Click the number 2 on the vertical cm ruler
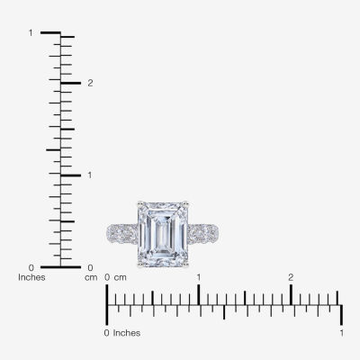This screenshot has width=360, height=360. (90, 83)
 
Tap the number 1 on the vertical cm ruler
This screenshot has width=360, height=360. (90, 175)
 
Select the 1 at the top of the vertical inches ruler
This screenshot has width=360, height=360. (31, 32)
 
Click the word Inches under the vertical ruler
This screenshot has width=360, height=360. (31, 277)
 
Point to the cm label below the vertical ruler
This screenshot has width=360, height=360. (91, 277)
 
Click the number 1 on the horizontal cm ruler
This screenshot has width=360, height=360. (199, 277)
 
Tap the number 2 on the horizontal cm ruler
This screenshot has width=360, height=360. (291, 277)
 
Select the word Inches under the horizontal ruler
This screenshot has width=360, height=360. (127, 333)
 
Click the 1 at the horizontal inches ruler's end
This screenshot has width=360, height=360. (341, 333)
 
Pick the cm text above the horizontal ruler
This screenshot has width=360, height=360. (121, 277)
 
